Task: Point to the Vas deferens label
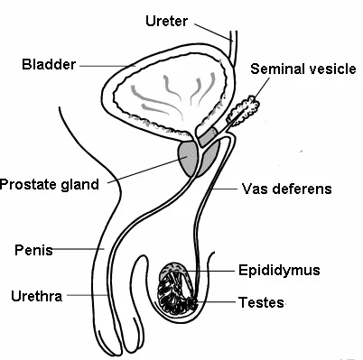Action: coord(287,189)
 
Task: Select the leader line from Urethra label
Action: coord(86,295)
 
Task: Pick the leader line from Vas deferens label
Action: coord(226,189)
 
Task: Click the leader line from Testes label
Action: coord(213,302)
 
